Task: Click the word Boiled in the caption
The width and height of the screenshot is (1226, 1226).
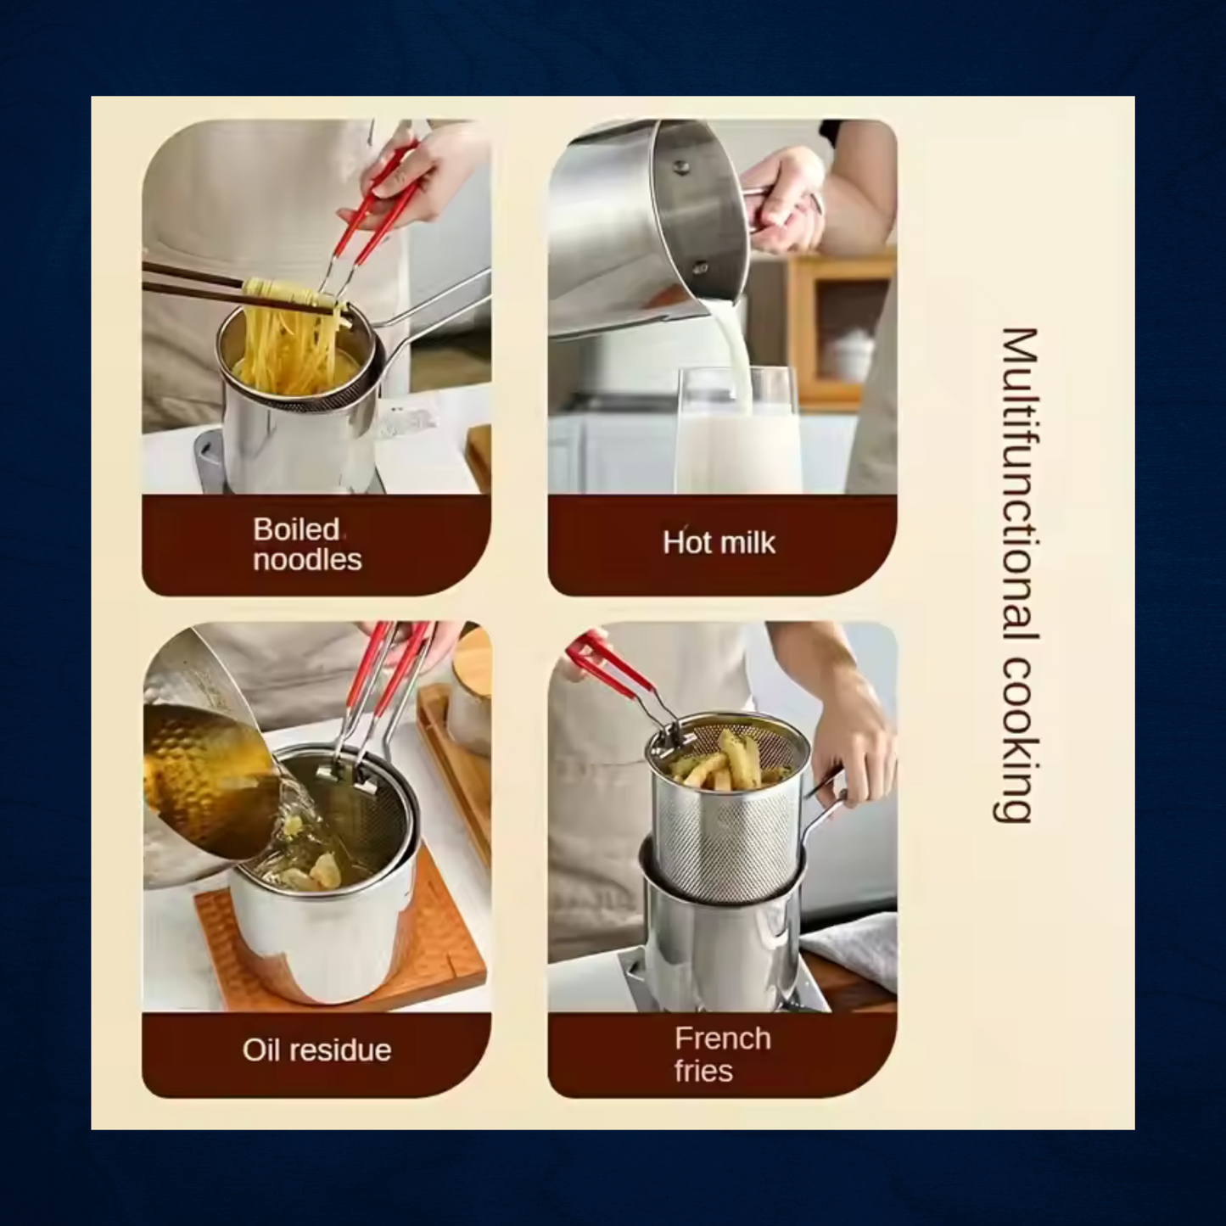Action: (296, 529)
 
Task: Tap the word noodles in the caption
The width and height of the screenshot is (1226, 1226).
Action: (307, 560)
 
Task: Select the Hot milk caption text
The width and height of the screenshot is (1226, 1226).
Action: (719, 543)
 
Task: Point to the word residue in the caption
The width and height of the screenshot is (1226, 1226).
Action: (338, 1050)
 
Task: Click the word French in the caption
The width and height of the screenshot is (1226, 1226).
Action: (723, 1038)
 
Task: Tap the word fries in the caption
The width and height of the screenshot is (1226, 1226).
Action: (703, 1071)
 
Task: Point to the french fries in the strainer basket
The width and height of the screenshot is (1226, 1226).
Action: (725, 763)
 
